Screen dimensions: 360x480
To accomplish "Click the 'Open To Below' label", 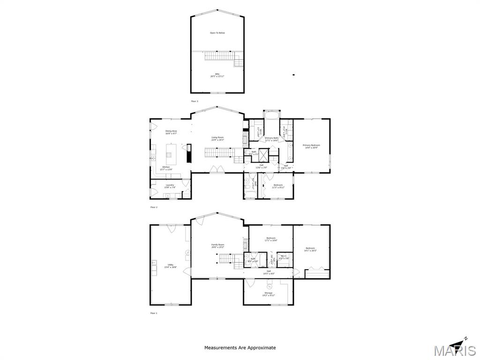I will click(217, 33).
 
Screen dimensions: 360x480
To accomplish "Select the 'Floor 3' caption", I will click(194, 101).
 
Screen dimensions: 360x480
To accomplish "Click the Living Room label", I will click(217, 139).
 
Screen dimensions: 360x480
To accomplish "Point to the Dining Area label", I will click(171, 132).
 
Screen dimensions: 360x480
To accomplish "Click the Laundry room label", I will click(170, 186).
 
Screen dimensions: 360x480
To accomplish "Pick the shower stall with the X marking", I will click(263, 155).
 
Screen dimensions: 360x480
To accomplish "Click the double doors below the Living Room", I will click(216, 169).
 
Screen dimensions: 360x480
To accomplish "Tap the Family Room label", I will click(217, 246).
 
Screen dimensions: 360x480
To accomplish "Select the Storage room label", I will click(268, 294).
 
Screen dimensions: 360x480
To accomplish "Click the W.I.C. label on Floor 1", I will click(284, 257).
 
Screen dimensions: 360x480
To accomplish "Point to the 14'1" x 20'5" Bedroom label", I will click(310, 249).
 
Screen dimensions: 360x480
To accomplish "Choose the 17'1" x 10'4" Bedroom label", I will click(271, 239).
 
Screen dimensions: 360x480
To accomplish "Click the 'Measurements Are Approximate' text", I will click(240, 348).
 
